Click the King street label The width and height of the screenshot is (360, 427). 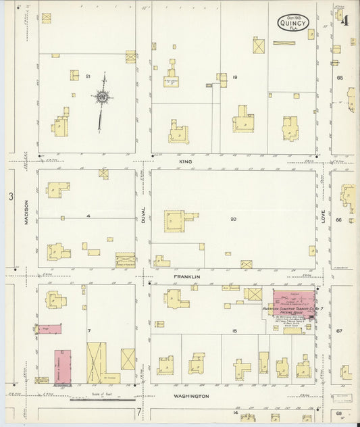186,163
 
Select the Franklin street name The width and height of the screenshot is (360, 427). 186,277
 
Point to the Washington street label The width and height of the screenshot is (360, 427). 191,396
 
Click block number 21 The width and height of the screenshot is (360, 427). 88,77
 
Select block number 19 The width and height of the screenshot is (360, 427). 234,78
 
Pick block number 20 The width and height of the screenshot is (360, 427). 233,219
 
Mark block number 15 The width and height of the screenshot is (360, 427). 234,331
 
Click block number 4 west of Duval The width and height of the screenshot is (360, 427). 88,216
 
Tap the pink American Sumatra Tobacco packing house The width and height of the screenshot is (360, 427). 294,301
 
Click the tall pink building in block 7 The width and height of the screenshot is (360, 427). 63,366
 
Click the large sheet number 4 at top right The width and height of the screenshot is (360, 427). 344,20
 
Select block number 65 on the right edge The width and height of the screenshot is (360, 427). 340,78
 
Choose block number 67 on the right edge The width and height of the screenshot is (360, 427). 340,331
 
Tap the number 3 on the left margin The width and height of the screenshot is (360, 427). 11,197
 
